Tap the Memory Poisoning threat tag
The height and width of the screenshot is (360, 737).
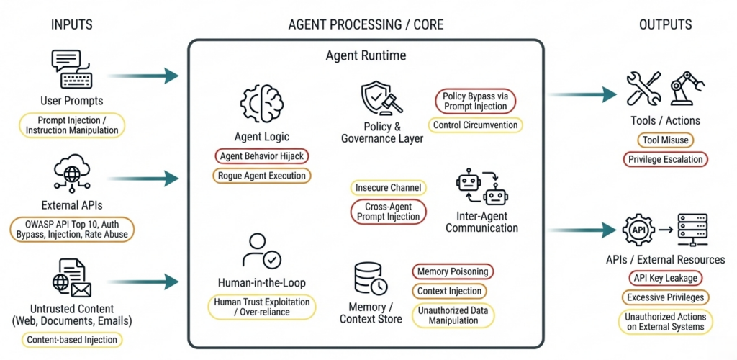point(453,271)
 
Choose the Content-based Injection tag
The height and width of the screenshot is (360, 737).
point(71,340)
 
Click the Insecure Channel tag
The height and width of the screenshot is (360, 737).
point(389,188)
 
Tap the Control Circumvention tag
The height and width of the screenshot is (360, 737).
point(476,125)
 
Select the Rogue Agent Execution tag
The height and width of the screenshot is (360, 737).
point(262,175)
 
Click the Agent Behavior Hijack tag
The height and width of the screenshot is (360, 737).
point(262,156)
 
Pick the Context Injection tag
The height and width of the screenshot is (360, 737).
point(450,291)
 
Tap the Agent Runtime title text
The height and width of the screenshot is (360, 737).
point(366,55)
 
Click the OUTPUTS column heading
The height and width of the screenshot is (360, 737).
point(665,24)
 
